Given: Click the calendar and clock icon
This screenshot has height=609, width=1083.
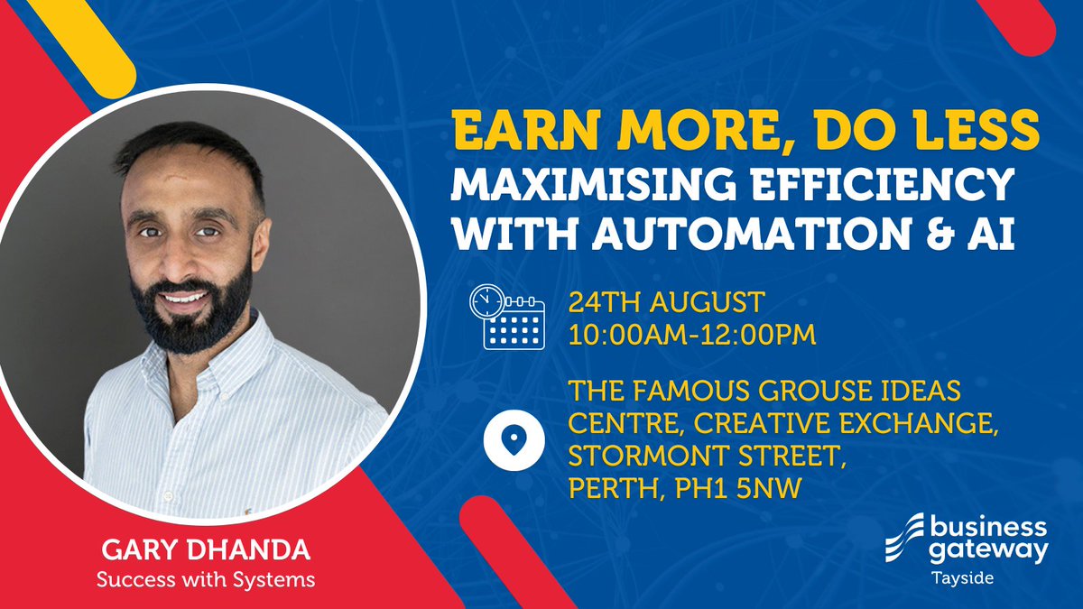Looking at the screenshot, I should (506, 317).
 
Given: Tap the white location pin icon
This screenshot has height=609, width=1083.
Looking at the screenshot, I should (512, 438).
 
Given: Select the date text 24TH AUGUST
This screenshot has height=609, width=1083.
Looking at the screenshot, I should (667, 302).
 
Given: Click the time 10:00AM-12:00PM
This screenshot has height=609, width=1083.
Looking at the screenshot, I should (692, 336).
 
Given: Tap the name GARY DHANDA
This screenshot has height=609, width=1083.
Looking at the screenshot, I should (206, 550).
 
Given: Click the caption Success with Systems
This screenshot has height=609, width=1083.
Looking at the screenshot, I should (206, 578).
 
